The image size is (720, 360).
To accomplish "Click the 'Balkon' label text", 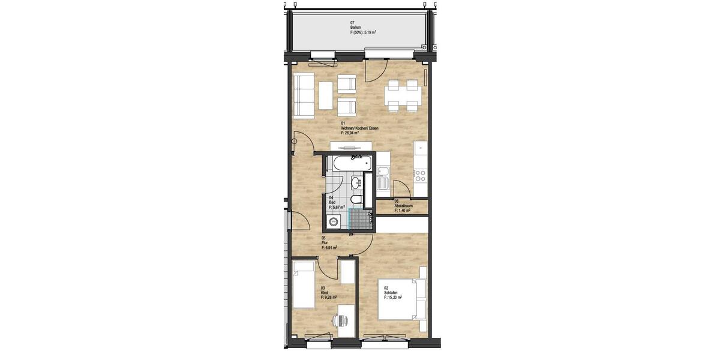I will [x=355, y=27].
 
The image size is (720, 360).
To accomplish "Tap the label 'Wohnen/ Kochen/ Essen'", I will [x=359, y=128].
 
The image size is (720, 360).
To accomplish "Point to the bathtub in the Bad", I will [x=351, y=162].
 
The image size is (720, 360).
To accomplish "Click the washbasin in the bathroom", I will [x=356, y=183].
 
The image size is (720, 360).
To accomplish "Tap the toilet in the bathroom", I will [x=356, y=199].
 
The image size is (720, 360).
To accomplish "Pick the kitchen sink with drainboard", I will [x=383, y=178].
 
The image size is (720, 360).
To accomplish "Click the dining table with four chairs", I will [x=403, y=96].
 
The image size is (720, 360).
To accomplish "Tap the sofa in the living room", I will [x=304, y=96].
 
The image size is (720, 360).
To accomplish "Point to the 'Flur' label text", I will [x=325, y=242].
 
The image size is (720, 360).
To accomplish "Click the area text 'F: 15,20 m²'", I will [x=393, y=297].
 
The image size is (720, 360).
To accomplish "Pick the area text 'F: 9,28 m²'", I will [x=329, y=297].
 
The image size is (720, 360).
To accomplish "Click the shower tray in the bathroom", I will [x=359, y=218].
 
